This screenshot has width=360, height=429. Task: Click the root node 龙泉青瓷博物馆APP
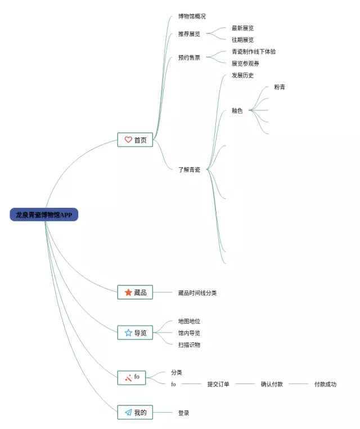[44, 214]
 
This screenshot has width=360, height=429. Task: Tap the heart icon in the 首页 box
[128, 140]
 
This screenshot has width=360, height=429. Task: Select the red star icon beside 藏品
[128, 292]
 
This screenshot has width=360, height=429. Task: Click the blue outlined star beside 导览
[128, 333]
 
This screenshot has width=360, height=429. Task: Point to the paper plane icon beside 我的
[128, 413]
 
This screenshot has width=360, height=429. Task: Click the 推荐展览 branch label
[189, 34]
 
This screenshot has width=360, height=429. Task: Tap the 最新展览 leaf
[242, 28]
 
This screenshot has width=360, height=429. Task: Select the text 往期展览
[242, 40]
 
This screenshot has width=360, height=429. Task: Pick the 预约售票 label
[189, 57]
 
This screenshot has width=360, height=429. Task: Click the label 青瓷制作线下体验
[254, 52]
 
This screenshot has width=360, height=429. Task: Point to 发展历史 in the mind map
[242, 75]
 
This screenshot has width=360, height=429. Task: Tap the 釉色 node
[237, 111]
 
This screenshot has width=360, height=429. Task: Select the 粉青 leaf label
[280, 87]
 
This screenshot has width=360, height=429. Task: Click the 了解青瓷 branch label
[189, 169]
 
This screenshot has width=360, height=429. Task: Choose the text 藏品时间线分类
[197, 293]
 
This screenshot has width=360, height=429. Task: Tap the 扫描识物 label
[189, 345]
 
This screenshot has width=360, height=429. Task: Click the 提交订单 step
[218, 384]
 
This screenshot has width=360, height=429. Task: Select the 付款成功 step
[325, 384]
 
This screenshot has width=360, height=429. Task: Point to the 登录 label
[183, 413]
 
